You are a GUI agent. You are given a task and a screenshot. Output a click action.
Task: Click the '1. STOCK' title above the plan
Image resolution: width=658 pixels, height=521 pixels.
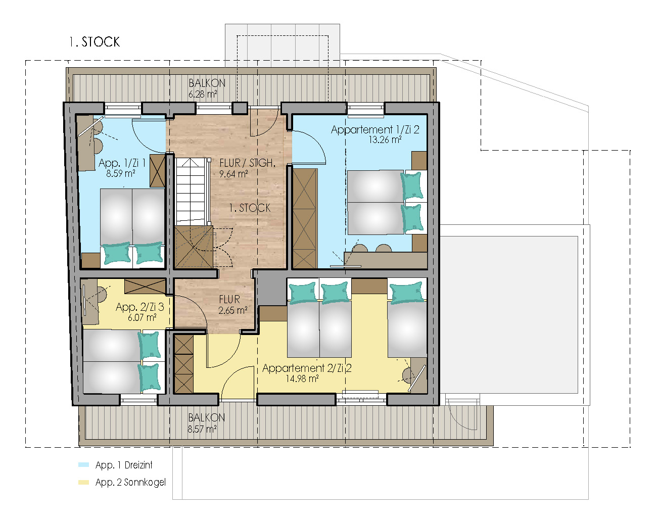pos(95,42)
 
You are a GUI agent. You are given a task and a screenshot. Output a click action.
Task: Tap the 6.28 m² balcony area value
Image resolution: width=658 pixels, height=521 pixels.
pos(203,94)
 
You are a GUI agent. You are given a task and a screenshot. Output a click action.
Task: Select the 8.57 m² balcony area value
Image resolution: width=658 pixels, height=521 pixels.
pos(202,429)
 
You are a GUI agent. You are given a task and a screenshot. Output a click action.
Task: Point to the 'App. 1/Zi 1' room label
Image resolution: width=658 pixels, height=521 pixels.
pos(122,163)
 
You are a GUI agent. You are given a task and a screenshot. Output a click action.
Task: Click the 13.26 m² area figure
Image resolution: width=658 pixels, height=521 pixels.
pos(385,140)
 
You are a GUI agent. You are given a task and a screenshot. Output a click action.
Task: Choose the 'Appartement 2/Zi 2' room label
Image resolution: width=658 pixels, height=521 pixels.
pos(307,368)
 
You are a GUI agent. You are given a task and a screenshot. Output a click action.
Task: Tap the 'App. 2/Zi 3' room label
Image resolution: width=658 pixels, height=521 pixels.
pos(139,307)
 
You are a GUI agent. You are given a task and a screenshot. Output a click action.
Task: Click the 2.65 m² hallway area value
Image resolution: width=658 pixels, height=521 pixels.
pos(232,310)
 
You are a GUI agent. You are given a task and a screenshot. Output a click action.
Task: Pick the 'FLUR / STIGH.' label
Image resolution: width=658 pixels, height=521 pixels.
pos(247,163)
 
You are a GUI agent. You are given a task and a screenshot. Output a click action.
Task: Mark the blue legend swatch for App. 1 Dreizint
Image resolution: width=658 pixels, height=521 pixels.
pos(83,465)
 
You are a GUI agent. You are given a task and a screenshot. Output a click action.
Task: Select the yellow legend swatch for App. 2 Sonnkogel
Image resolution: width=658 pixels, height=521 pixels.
pos(83,483)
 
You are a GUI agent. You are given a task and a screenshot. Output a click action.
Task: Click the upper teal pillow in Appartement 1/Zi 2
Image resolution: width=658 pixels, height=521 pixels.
pos(412,185)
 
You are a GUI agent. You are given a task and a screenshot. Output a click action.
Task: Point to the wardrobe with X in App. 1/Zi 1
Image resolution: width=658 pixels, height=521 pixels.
pos(158,171)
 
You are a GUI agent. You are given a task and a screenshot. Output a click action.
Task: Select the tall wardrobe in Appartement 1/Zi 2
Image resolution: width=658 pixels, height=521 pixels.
pos(305,219)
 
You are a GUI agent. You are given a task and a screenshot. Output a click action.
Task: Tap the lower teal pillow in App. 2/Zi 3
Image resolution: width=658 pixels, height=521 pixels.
pos(150,377)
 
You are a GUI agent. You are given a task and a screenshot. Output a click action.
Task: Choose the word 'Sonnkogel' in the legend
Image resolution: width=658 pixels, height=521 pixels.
pos(145,483)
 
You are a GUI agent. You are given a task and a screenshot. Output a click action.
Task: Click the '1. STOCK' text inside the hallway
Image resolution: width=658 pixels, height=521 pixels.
pos(250,208)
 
